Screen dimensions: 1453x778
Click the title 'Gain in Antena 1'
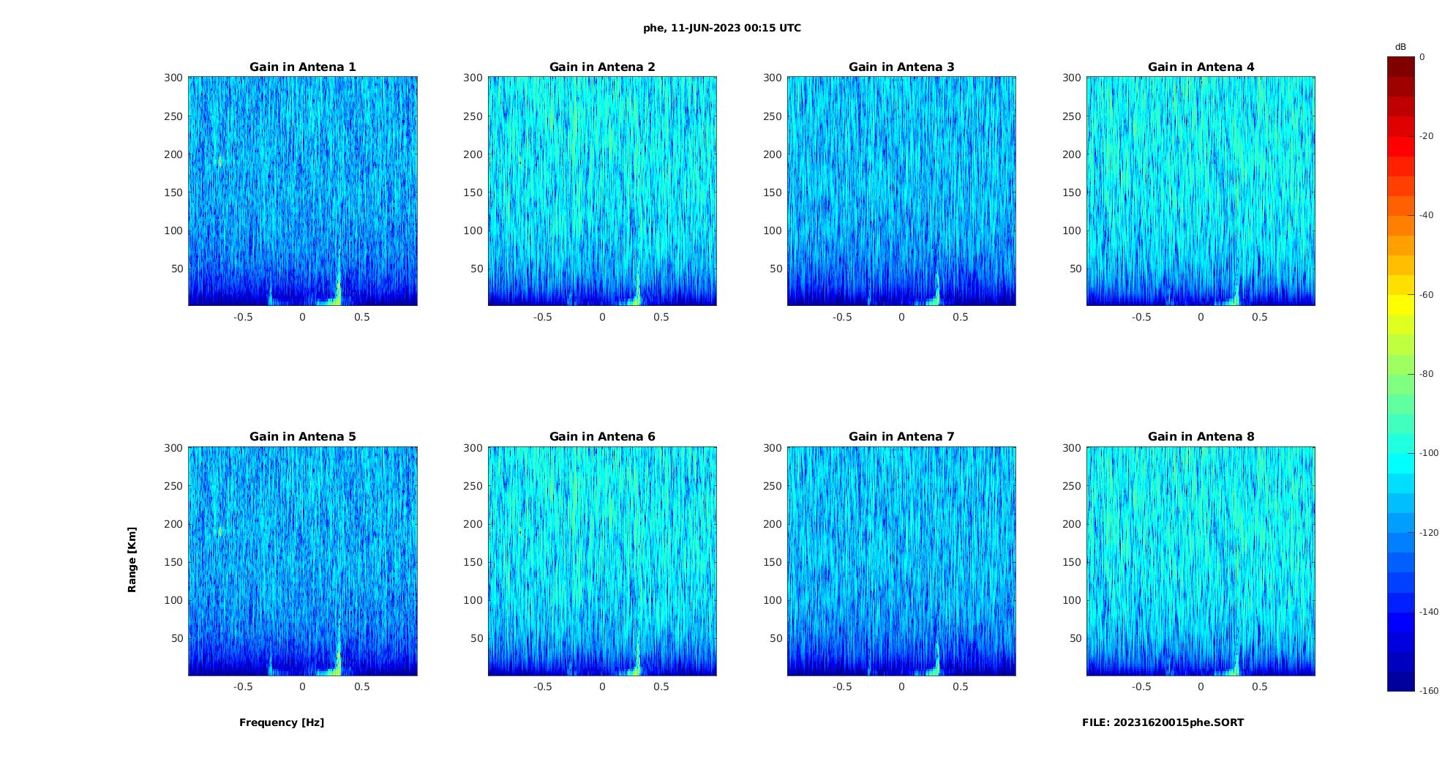[302, 67]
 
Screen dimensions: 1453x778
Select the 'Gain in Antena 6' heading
[602, 437]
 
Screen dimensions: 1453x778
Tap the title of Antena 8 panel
[1201, 437]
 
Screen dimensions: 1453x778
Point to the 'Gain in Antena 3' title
[901, 67]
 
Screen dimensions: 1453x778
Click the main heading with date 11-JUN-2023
[722, 29]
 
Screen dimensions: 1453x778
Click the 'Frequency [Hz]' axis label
[282, 722]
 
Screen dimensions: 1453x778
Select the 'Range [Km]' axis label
[132, 560]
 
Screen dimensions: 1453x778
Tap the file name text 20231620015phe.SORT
[1163, 722]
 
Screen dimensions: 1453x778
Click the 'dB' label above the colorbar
[1400, 47]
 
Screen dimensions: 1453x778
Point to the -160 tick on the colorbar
[1429, 691]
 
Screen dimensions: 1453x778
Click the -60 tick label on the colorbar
[1427, 295]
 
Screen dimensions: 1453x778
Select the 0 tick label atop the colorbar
[1422, 57]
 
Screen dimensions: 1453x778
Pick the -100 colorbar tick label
[1429, 453]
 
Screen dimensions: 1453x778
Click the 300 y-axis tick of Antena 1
[173, 78]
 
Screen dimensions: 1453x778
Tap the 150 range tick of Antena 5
[173, 562]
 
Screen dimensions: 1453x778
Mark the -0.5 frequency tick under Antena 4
[1141, 317]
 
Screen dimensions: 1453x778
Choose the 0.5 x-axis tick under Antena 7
[961, 687]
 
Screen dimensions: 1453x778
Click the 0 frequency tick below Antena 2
[602, 317]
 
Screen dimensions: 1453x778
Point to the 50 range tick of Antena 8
[1075, 638]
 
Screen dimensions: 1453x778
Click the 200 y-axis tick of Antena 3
[772, 154]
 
